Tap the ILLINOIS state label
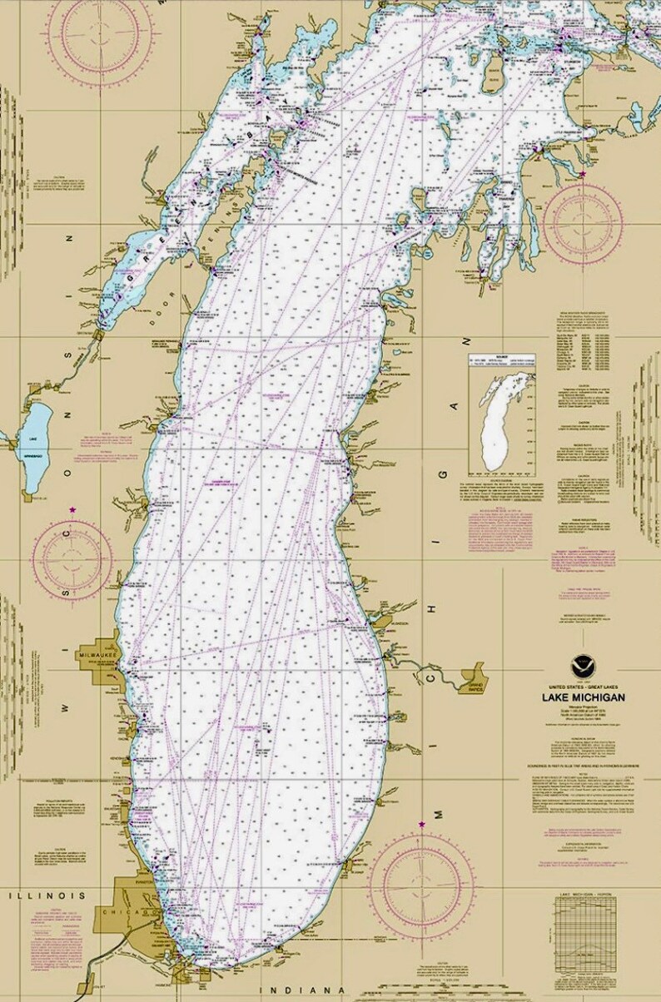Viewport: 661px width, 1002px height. tap(47, 895)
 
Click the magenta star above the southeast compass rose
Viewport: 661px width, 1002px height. tap(421, 824)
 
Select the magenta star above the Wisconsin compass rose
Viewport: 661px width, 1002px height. tap(73, 509)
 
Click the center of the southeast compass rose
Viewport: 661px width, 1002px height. tap(416, 881)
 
